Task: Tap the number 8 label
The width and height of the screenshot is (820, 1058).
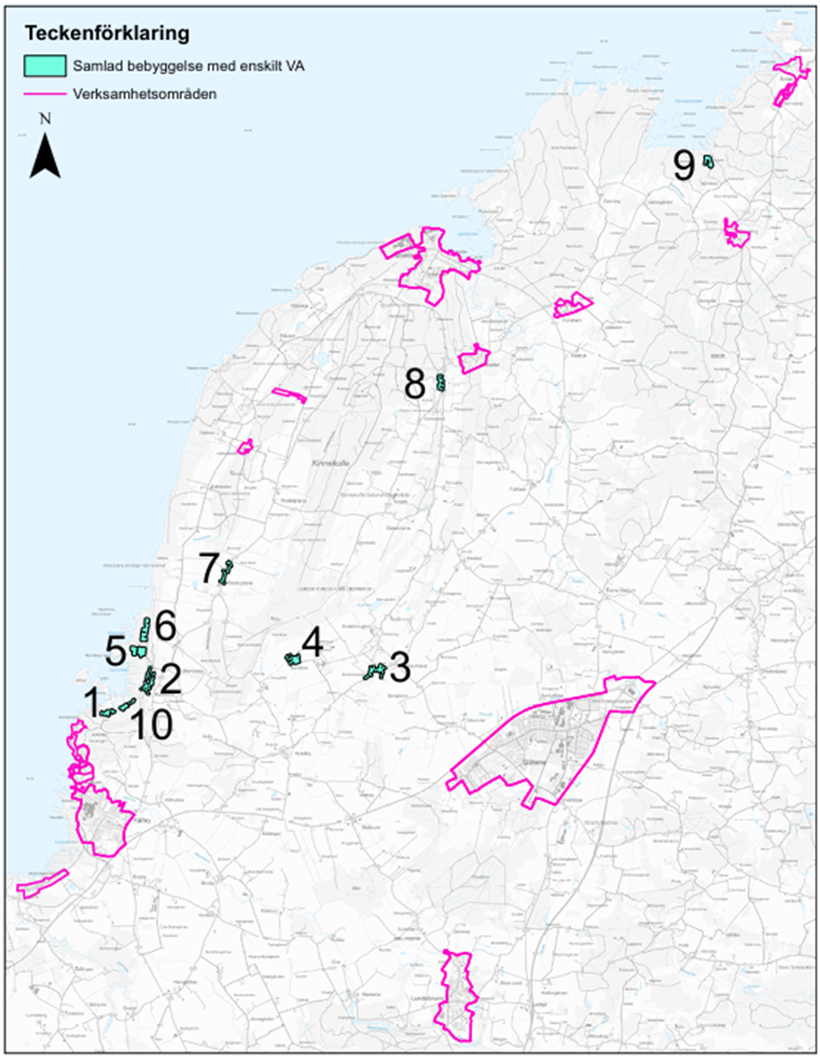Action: [415, 383]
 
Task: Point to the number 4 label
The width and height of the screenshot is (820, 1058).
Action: [312, 642]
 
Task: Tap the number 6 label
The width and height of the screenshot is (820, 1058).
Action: [164, 625]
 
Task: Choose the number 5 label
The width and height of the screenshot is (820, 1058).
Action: [117, 650]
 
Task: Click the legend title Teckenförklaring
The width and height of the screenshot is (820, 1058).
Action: [107, 34]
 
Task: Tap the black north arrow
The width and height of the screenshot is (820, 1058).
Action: [45, 156]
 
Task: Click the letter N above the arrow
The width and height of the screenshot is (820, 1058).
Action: [45, 120]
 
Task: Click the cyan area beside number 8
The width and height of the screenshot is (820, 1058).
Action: [440, 382]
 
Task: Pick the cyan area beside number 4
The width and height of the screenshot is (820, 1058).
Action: [293, 659]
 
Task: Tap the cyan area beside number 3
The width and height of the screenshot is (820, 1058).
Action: [374, 671]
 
